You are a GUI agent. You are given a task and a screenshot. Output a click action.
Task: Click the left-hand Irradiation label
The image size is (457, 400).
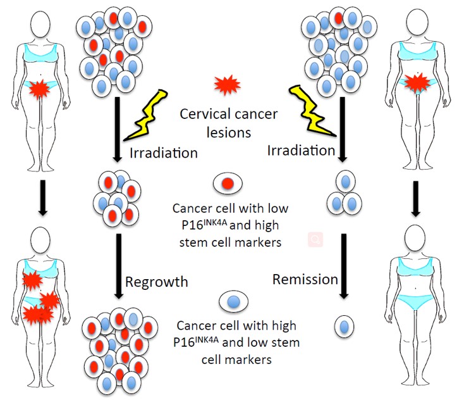[x=164, y=153]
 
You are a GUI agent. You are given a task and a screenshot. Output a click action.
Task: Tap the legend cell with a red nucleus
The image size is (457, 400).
[x=228, y=184]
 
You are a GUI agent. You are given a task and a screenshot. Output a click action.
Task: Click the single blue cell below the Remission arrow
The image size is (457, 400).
[x=343, y=327]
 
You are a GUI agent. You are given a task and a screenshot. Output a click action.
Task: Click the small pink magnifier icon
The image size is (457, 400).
[x=314, y=240]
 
